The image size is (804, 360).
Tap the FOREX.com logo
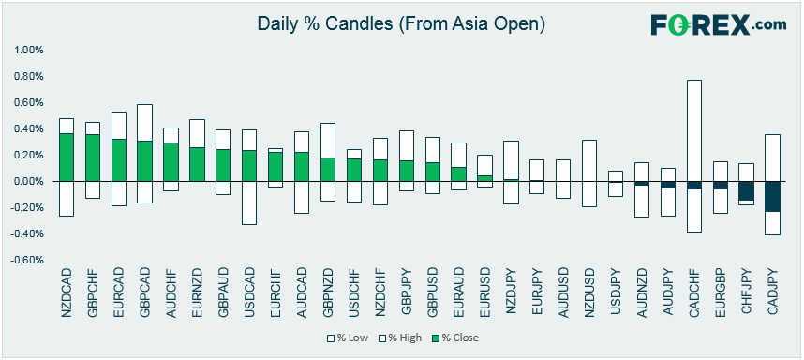719,24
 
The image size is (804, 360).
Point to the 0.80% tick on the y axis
30,77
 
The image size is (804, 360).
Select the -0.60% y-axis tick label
28,260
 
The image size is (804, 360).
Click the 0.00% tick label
30,182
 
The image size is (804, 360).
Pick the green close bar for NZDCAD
67,157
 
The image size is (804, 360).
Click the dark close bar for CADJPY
773,197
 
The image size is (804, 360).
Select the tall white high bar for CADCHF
694,130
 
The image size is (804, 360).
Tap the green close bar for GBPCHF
93,157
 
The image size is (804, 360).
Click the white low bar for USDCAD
249,203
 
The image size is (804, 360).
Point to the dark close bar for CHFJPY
747,191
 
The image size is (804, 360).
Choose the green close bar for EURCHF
275,167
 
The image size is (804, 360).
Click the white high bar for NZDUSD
589,160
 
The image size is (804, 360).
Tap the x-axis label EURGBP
721,292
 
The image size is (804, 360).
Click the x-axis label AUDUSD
563,292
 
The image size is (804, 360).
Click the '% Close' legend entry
455,337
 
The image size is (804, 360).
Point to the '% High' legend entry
398,337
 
